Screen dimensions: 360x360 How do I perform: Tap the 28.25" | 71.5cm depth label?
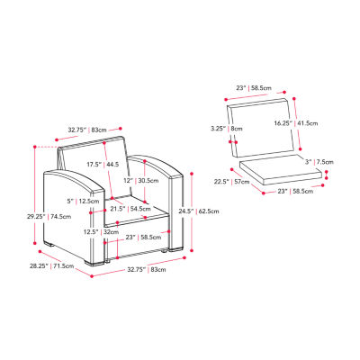[51, 265]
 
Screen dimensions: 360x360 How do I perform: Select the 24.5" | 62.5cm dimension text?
[199, 211]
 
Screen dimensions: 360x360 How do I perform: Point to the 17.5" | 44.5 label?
[103, 165]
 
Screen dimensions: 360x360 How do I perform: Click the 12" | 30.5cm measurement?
[141, 181]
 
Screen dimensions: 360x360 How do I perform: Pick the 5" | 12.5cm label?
[83, 202]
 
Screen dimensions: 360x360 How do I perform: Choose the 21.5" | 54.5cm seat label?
[130, 209]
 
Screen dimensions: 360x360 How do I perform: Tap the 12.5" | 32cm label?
[101, 232]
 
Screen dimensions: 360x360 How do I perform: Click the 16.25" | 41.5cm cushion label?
[296, 123]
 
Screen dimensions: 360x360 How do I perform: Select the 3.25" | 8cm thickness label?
[226, 129]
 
